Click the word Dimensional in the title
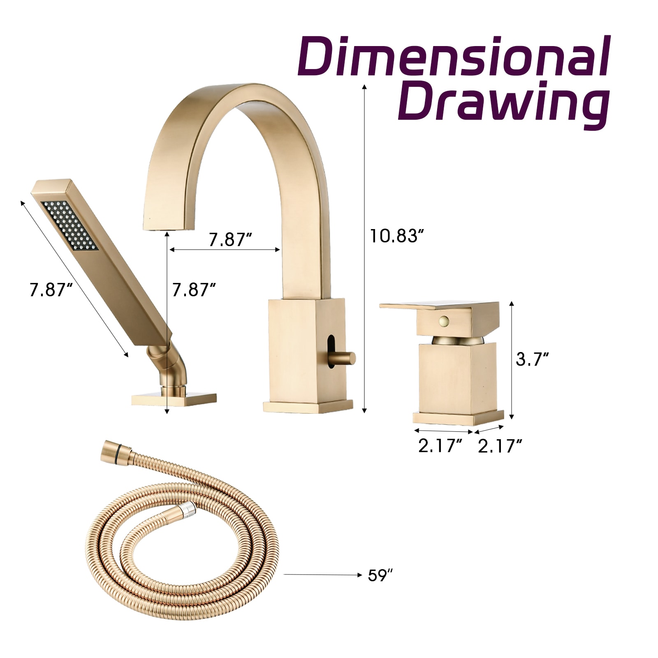point(454,56)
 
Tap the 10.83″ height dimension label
point(397,236)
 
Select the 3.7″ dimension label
point(532,359)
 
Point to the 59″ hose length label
point(380,575)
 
